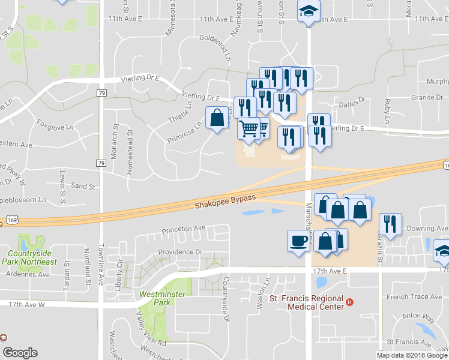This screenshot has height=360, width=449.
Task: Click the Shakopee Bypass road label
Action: coord(225,202)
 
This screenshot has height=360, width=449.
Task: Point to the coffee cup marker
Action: coord(298,241)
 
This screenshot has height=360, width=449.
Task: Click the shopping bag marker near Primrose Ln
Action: coord(217,118)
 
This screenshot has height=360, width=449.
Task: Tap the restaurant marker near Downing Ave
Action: coord(391,224)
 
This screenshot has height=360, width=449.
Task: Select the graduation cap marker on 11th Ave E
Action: coord(309,10)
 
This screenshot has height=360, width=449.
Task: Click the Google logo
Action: coord(20,353)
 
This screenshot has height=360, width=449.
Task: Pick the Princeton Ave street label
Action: coord(183,229)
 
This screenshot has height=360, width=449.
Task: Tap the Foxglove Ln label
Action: coord(55,127)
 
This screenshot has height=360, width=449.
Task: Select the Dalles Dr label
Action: coord(351,102)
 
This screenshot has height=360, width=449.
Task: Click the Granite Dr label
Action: coord(427,97)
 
